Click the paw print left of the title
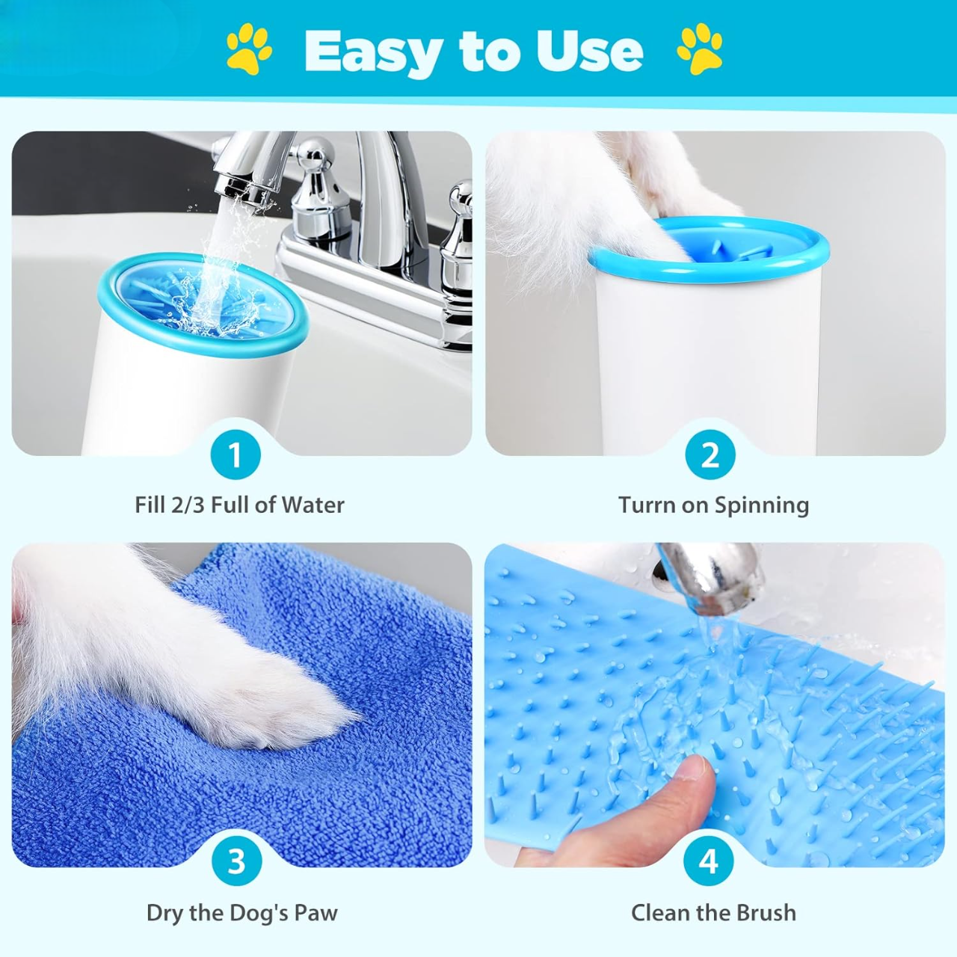250,49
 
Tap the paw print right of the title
700,49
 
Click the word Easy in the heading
373,51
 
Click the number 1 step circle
236,455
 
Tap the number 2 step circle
710,455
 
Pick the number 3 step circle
236,861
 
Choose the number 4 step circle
708,861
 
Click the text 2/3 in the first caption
188,505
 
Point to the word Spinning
761,506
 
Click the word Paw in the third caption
316,913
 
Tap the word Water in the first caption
313,505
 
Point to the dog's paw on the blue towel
299,710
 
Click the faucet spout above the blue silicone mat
710,572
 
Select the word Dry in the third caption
164,913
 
